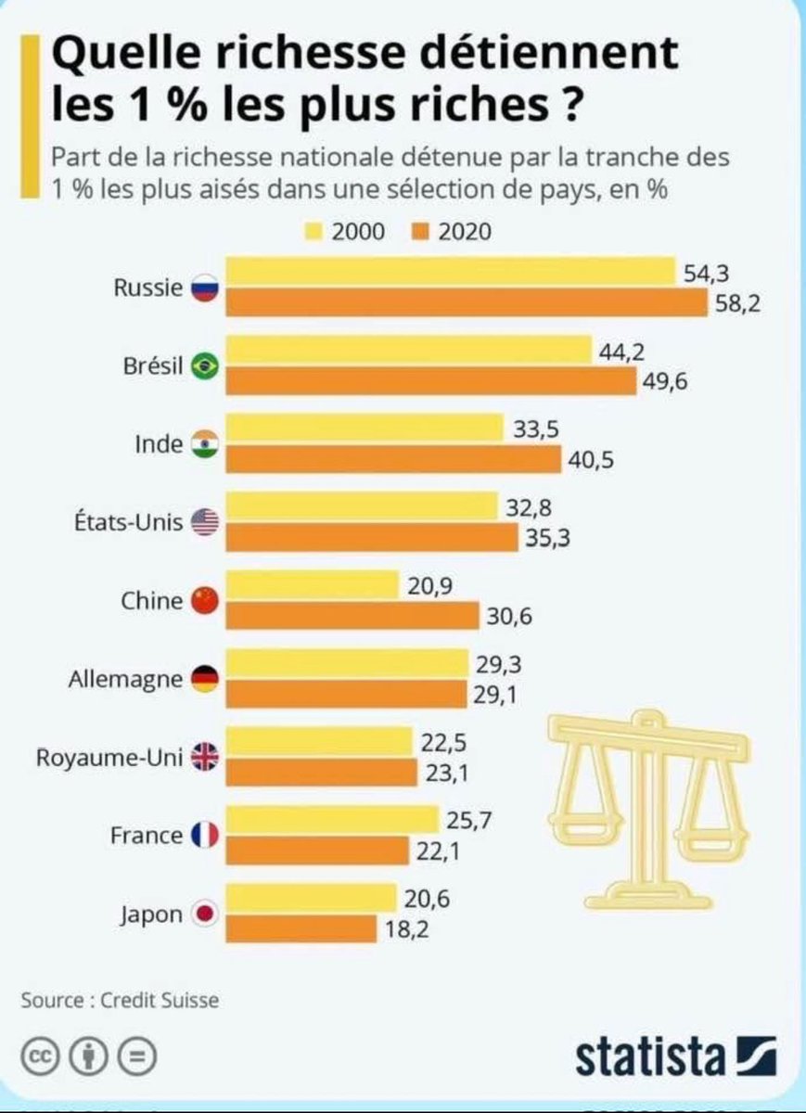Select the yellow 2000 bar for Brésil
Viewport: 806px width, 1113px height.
pos(409,350)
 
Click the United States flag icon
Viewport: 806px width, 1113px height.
pos(204,522)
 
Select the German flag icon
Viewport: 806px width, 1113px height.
pos(204,679)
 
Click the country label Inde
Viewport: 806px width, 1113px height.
pos(159,444)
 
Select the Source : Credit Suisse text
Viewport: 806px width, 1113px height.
pos(121,1001)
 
